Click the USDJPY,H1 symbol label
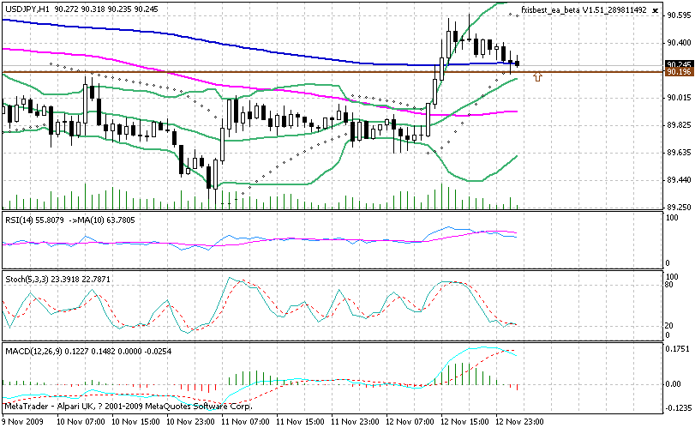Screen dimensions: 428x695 pyautogui.click(x=25, y=8)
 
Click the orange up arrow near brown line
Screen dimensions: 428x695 pyautogui.click(x=537, y=77)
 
